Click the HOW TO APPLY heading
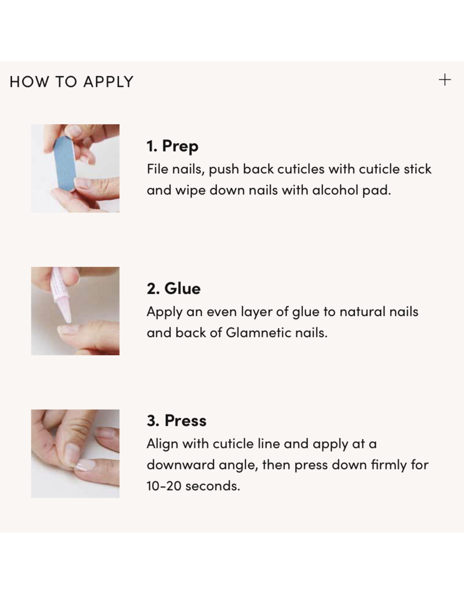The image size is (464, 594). (x=71, y=82)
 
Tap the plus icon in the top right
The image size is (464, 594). (x=444, y=80)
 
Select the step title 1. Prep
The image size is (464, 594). (x=172, y=146)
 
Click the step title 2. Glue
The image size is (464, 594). (x=173, y=288)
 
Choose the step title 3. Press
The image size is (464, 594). (x=176, y=421)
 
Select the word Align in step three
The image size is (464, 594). (x=162, y=444)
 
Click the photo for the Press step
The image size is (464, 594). (x=75, y=453)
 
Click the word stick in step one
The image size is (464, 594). (x=418, y=169)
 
